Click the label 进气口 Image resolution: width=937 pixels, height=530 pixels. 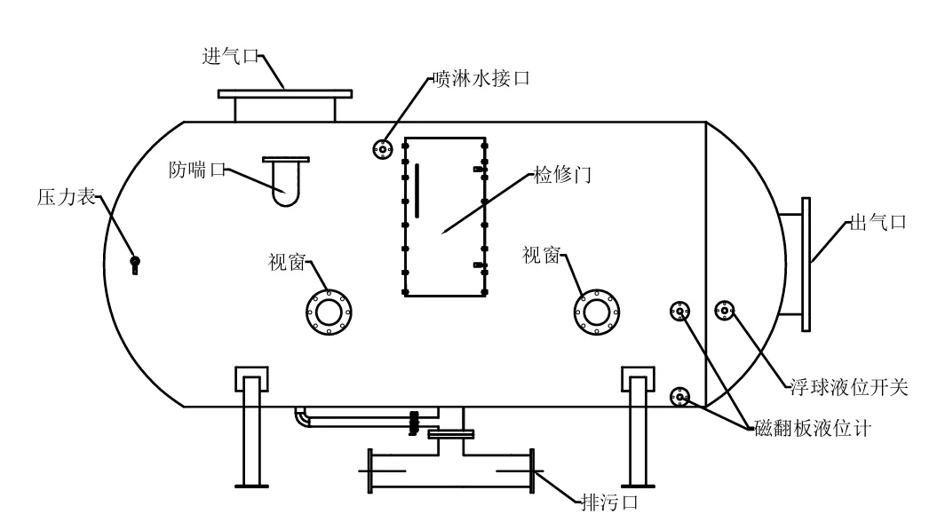(x=230, y=56)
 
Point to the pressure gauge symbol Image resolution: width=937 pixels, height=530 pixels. (x=135, y=263)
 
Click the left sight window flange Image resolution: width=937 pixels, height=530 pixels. (x=329, y=311)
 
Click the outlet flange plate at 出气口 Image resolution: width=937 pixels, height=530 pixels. (x=806, y=265)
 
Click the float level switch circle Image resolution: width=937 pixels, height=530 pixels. (x=726, y=311)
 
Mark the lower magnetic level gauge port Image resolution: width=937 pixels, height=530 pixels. (x=680, y=397)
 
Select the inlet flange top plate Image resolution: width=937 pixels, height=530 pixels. (x=285, y=93)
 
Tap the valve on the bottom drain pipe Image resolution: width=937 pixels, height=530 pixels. (x=413, y=423)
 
